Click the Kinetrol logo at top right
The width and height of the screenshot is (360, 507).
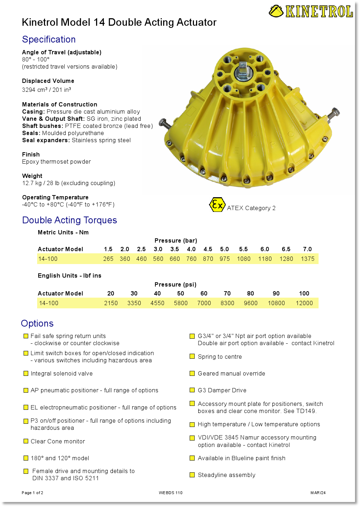[x=311, y=11]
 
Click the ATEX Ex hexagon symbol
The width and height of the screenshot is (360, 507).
[x=217, y=205]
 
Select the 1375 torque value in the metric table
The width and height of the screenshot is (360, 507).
[x=307, y=259]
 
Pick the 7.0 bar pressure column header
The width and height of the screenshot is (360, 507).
[x=307, y=249]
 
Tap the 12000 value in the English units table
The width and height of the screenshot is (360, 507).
[x=304, y=303]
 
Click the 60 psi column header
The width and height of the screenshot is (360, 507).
[x=204, y=293]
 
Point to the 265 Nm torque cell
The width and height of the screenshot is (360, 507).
[x=108, y=259]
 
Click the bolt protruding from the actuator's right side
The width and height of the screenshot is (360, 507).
[x=334, y=114]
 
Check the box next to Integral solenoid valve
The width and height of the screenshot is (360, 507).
[x=26, y=373]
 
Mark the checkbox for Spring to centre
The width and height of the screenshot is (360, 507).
[x=192, y=357]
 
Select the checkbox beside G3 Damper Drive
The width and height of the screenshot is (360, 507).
[x=192, y=390]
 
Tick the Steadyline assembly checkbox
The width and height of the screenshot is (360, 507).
[x=192, y=475]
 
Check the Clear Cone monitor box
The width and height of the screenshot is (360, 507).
[x=26, y=441]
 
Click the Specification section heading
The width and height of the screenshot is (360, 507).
[x=49, y=39]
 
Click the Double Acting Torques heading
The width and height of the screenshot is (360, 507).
[x=70, y=220]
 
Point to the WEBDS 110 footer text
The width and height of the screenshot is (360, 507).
[x=171, y=493]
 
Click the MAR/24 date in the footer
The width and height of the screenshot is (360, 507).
[x=318, y=493]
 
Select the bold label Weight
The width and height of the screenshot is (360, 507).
[x=32, y=176]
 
